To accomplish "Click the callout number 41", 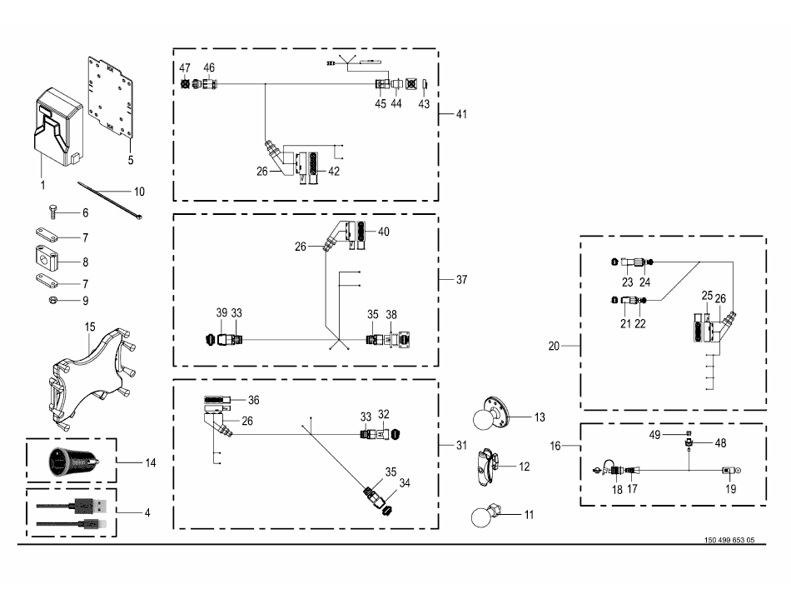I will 460,114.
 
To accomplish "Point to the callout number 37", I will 460,280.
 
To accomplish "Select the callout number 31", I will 460,445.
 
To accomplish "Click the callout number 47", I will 186,67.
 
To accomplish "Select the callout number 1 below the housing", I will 43,183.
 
